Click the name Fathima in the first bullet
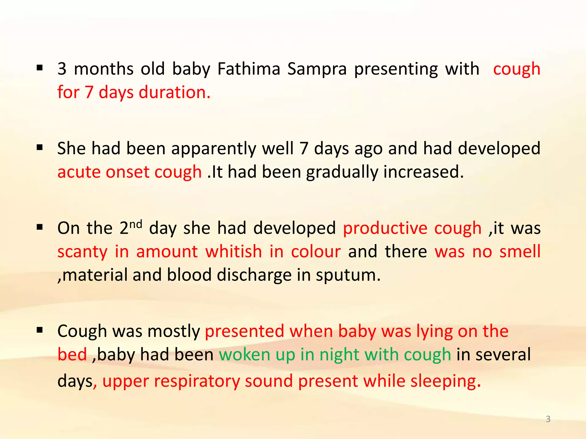(x=249, y=69)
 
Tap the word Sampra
(x=317, y=69)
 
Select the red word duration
(x=175, y=92)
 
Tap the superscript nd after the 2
(x=136, y=224)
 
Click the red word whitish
(x=233, y=252)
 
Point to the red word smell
(x=520, y=252)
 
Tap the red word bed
(x=72, y=355)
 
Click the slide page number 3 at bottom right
(x=548, y=419)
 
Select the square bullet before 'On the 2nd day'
(x=40, y=227)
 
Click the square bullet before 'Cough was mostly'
(x=40, y=330)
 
